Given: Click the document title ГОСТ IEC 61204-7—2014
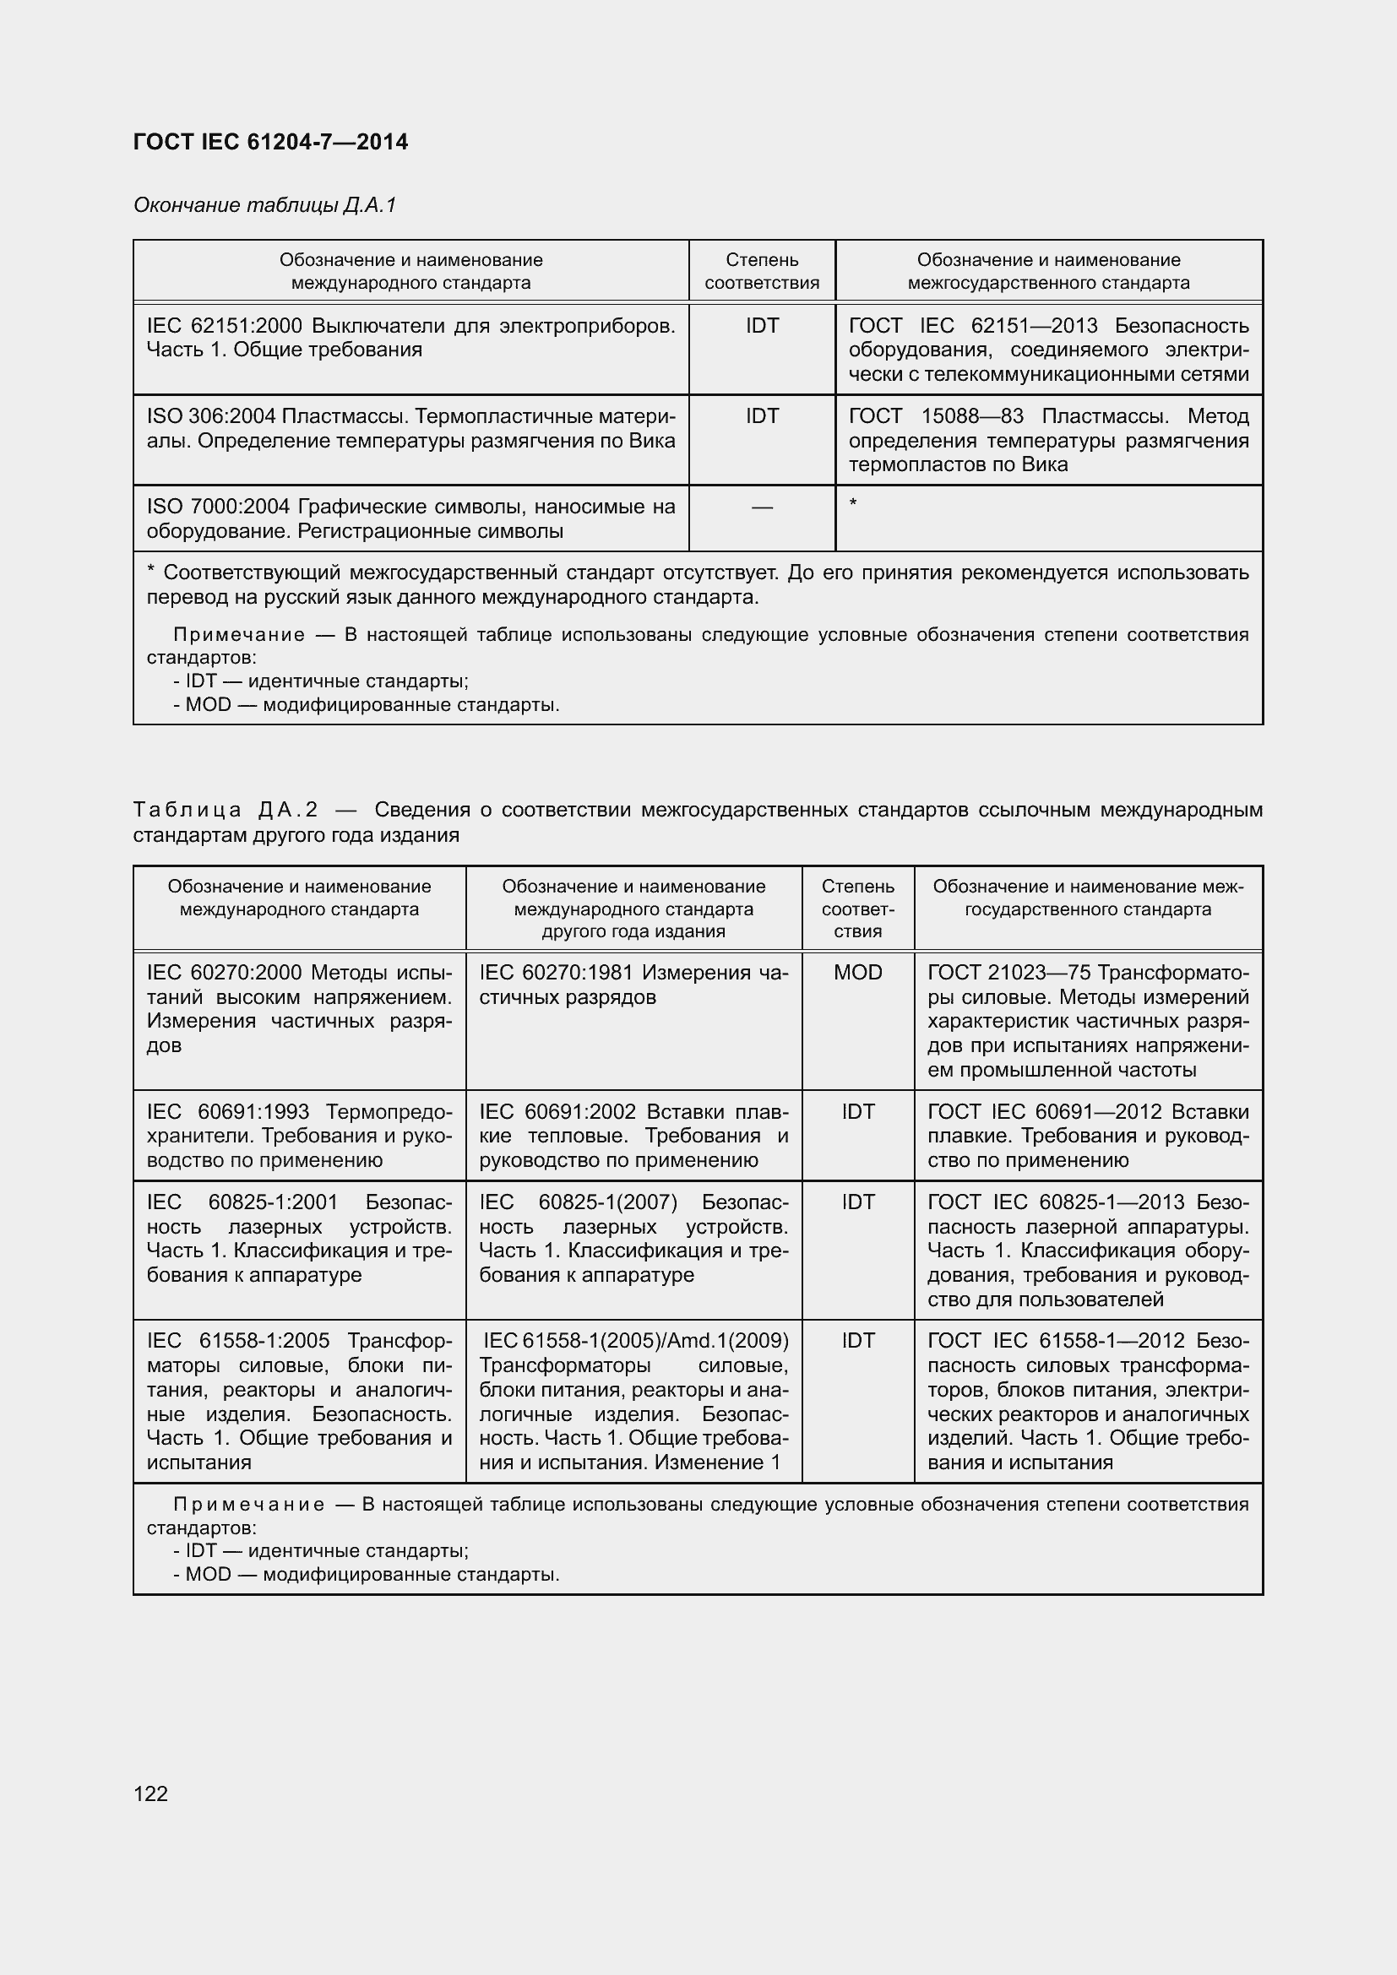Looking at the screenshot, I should click(x=270, y=142).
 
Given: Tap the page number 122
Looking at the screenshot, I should click(x=150, y=1793).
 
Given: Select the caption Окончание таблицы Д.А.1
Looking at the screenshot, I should click(x=264, y=204).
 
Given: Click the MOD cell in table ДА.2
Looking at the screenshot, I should click(x=857, y=972).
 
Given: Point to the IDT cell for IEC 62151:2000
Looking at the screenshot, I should click(x=761, y=326).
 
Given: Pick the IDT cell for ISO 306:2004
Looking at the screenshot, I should click(x=761, y=416).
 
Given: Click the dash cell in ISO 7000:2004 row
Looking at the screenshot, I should click(x=761, y=507).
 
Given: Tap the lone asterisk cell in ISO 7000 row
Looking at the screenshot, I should click(x=852, y=502).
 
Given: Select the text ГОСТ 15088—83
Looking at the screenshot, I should click(x=936, y=416).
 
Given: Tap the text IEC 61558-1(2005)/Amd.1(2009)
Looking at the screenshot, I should click(x=635, y=1340).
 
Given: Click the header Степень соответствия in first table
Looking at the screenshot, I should click(x=761, y=271).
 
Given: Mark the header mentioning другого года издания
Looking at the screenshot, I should click(x=633, y=909).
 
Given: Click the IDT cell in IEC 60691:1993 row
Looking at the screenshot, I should click(x=857, y=1111).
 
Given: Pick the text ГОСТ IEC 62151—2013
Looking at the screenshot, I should click(x=973, y=326).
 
